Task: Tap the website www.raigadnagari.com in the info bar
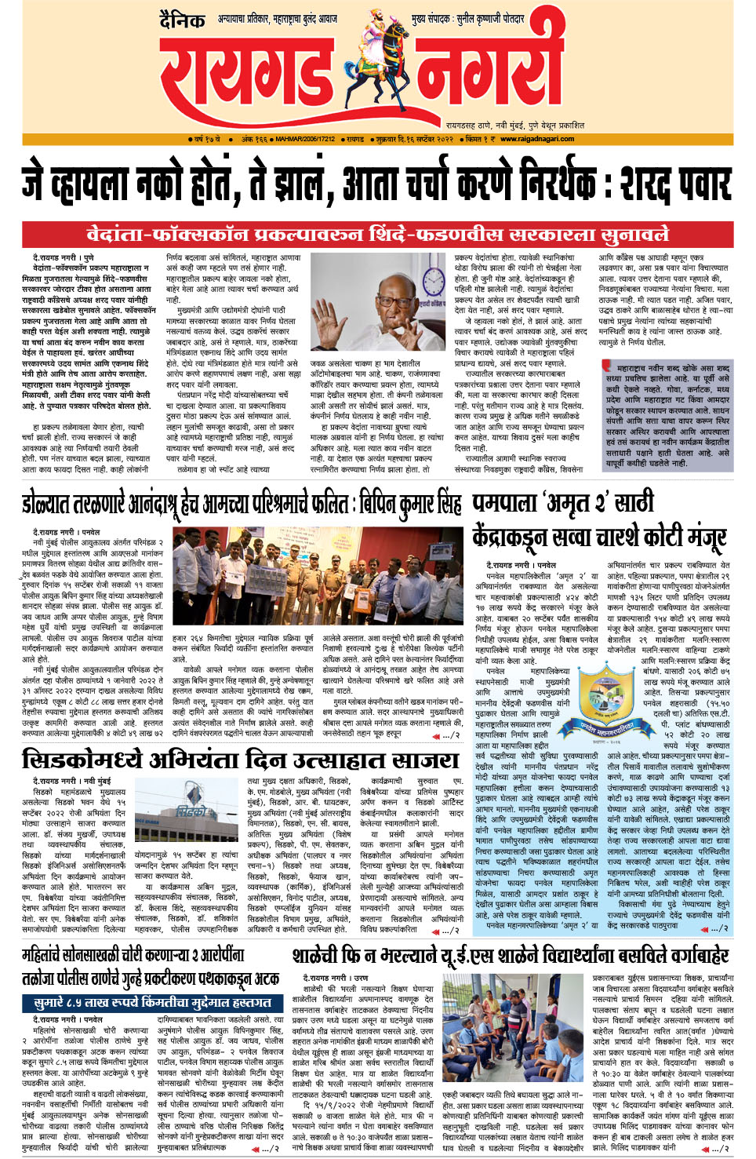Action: coord(537,139)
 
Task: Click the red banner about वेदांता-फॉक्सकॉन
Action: coord(377,235)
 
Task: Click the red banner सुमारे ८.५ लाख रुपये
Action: coord(153,1003)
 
